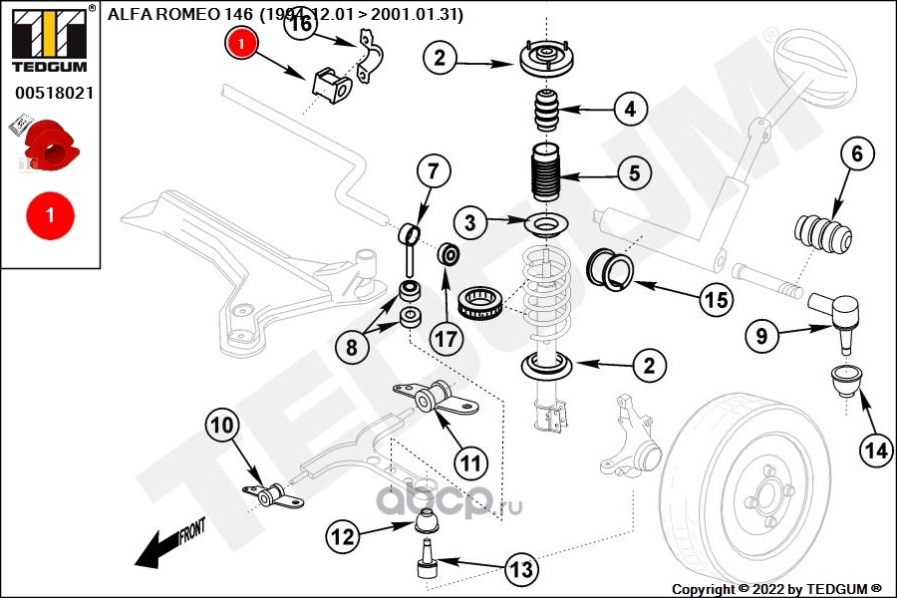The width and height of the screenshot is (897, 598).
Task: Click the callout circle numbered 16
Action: pyautogui.click(x=300, y=25)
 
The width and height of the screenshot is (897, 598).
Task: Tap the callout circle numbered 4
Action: pyautogui.click(x=630, y=108)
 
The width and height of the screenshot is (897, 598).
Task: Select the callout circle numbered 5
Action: pyautogui.click(x=634, y=173)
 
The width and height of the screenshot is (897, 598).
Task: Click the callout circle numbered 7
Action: pyautogui.click(x=434, y=171)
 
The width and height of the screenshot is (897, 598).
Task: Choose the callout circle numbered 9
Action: pyautogui.click(x=761, y=337)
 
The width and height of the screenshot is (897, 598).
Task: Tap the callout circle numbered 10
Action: pyautogui.click(x=222, y=426)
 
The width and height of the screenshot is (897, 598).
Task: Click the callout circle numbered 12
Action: pyautogui.click(x=342, y=537)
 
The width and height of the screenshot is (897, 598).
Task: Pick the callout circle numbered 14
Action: pyautogui.click(x=876, y=450)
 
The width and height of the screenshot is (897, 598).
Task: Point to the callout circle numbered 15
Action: pyautogui.click(x=716, y=298)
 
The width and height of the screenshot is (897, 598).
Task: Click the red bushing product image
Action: pyautogui.click(x=49, y=145)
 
